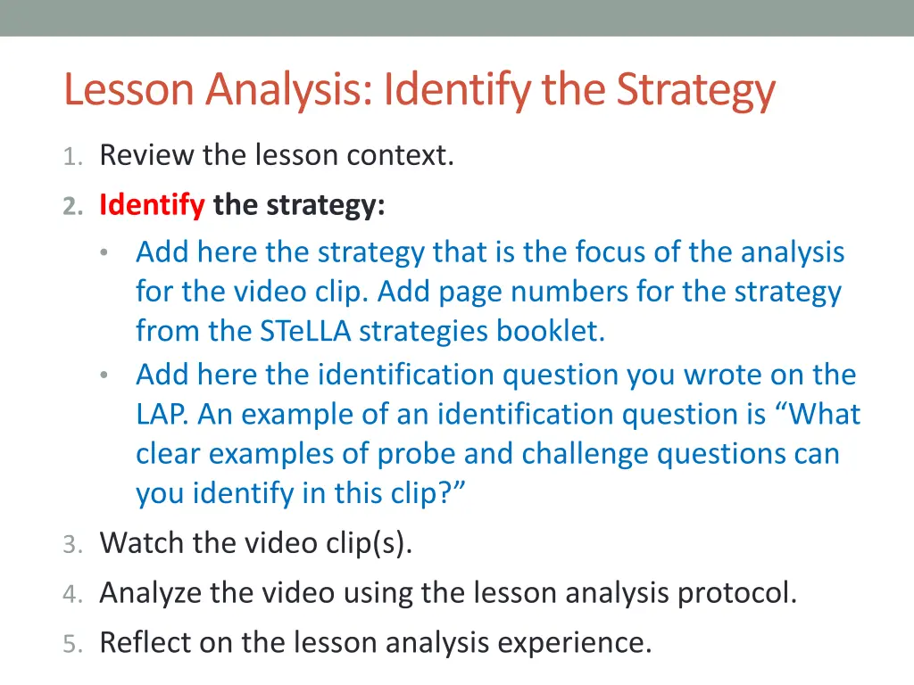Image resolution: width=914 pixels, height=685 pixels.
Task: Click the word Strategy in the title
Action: [x=695, y=89]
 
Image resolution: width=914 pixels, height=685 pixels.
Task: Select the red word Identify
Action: [x=152, y=205]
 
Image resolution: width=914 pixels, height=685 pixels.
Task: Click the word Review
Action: [x=147, y=156]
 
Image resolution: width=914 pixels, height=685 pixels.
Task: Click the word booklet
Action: [x=551, y=331]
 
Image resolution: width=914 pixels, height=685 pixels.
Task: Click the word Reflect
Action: [x=145, y=642]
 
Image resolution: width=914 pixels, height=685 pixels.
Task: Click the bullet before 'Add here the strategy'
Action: [x=105, y=253]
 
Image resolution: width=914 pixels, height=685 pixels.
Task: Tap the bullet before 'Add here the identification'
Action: [x=105, y=376]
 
